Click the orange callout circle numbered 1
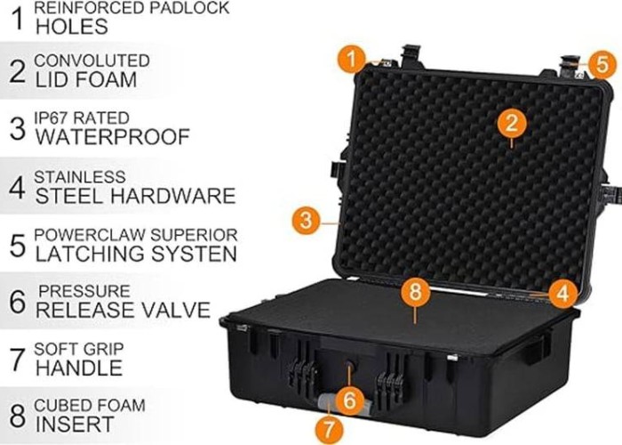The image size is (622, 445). (352, 60)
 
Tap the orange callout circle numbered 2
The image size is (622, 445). (512, 123)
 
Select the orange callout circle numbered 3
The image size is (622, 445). (306, 220)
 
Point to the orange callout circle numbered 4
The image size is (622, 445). (563, 294)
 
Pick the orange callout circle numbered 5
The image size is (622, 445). (602, 64)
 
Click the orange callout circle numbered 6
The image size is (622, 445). (349, 400)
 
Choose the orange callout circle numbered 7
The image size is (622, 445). (330, 429)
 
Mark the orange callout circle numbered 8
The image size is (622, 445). (415, 292)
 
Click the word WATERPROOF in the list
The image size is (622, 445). (113, 137)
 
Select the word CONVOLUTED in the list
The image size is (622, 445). (92, 61)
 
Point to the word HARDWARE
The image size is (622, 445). (173, 196)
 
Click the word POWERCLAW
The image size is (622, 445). (89, 235)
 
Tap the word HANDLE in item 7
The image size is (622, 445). (79, 368)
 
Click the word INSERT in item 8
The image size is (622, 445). (75, 424)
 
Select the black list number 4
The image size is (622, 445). (18, 188)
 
